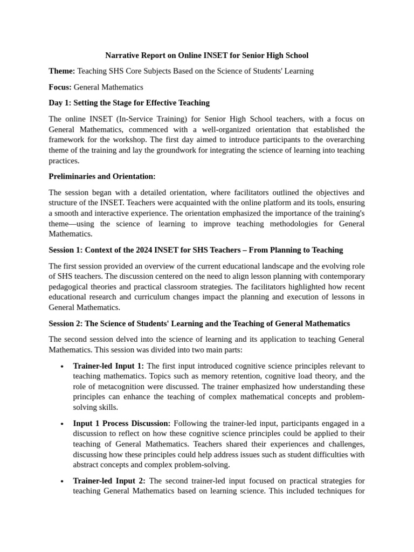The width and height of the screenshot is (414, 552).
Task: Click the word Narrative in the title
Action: coord(122,55)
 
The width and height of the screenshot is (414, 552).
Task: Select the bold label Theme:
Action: coord(62,71)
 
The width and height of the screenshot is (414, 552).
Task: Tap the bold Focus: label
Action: coord(60,87)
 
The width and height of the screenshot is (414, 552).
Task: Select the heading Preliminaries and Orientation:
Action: coord(102,176)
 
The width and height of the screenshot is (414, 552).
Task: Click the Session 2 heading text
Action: coord(199,323)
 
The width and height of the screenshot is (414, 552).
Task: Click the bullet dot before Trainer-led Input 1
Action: coord(63,367)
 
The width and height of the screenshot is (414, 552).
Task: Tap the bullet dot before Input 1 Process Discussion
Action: coord(63,424)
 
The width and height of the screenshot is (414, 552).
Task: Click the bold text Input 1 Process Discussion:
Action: coord(122,423)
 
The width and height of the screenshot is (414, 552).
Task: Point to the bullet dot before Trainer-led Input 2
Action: coord(63,481)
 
